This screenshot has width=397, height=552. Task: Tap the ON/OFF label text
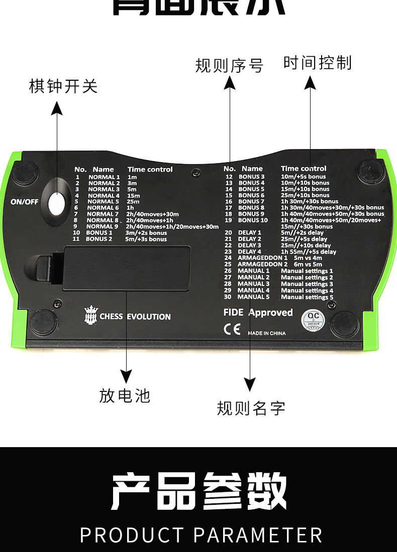pos(24,202)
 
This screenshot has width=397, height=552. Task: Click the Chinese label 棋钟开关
pos(63,86)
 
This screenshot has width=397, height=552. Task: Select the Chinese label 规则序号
pos(229,66)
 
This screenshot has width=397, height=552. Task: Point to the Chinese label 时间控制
pos(317,63)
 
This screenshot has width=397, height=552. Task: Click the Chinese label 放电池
pos(125,395)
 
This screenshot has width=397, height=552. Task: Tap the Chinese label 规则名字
pos(251,408)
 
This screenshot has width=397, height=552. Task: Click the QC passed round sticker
pos(314,320)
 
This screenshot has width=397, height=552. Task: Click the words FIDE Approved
pos(258,313)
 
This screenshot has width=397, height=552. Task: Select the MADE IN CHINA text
pos(266,333)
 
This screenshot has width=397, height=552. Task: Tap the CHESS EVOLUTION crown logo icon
pos(91,316)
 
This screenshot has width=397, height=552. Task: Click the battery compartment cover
pos(126,268)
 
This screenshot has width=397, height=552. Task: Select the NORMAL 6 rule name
pos(104,208)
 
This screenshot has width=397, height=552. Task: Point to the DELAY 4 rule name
pos(250,251)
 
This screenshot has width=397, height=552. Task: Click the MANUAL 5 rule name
pos(253,297)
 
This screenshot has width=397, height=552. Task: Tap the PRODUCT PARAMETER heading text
pos(201,535)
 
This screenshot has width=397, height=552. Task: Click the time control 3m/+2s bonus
pos(146,233)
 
